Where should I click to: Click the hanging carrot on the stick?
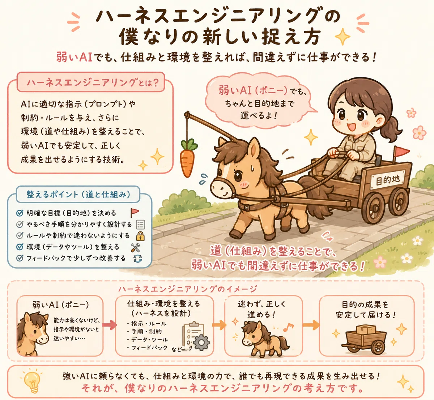[x=187, y=158]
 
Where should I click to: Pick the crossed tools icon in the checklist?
[x=135, y=247]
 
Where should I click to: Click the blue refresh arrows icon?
[x=137, y=259]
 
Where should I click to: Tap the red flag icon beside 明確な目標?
[x=134, y=213]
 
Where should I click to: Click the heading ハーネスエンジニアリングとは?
[x=93, y=83]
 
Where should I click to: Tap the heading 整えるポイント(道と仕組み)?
[x=78, y=194]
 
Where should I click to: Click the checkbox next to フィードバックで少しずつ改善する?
[x=20, y=258]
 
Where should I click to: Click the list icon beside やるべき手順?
[x=140, y=225]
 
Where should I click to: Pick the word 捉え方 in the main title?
[x=290, y=37]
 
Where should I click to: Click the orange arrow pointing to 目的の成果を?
[x=311, y=325]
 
